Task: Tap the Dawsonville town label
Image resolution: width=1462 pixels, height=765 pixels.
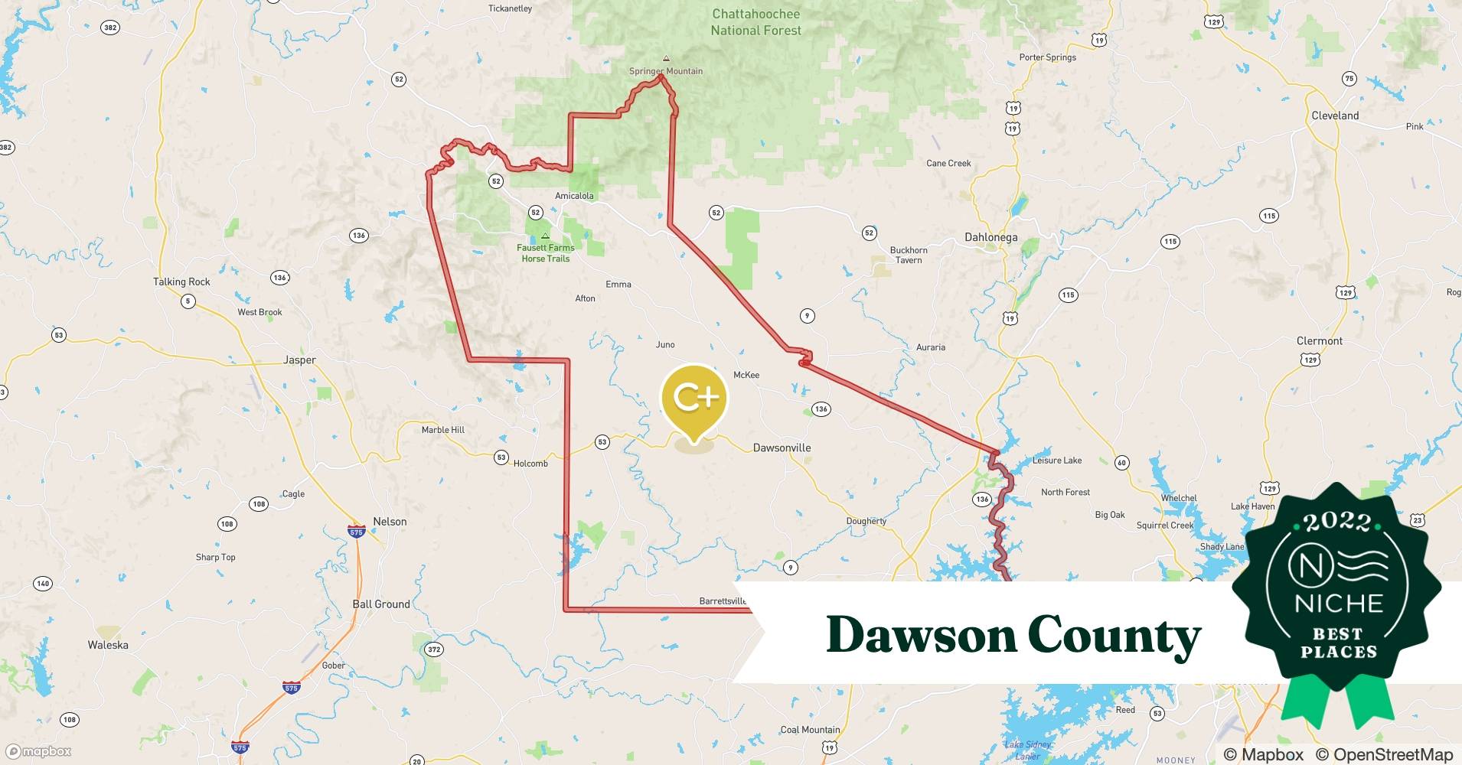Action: [x=782, y=448]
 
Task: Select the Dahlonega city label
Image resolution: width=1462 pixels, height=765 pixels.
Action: [x=990, y=237]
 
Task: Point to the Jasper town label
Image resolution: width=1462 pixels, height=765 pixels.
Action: [x=299, y=360]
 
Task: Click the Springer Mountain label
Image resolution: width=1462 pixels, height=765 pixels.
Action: [x=666, y=71]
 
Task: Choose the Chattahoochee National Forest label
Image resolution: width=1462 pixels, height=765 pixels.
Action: [x=755, y=22]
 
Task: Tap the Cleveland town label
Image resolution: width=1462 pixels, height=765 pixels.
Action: [x=1335, y=116]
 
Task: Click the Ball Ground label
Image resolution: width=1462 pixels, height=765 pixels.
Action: [x=381, y=604]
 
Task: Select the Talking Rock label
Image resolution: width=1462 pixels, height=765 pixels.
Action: [x=181, y=282]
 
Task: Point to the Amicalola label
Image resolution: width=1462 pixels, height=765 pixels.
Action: [x=574, y=196]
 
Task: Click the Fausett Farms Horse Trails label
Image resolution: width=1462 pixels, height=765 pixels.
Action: [x=545, y=253]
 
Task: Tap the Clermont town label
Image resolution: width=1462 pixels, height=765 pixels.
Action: [x=1320, y=341]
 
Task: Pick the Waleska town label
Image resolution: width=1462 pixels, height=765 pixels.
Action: [x=108, y=645]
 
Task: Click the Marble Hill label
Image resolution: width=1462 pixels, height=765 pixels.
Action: [x=443, y=430]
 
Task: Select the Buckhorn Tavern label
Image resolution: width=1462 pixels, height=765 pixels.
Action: [x=909, y=255]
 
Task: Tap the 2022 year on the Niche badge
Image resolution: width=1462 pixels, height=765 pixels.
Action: [x=1338, y=522]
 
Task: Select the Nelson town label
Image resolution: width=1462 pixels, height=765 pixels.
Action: [x=390, y=522]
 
